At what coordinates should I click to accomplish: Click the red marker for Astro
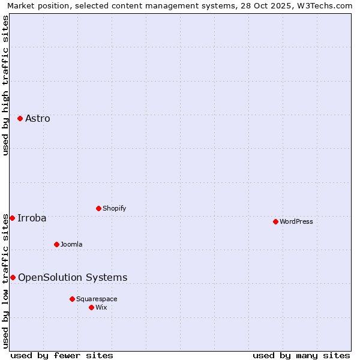pos(20,118)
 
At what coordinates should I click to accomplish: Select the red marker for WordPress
pos(275,221)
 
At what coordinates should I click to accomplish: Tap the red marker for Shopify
pos(98,208)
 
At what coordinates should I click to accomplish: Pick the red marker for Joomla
pos(56,244)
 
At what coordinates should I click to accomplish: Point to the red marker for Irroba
pos(12,218)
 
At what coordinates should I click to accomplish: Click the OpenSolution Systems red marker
pos(13,277)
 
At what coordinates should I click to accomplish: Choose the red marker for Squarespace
pos(72,299)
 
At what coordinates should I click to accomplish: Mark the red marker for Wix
pos(91,307)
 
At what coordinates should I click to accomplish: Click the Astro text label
pos(38,118)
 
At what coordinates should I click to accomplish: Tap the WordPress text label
pos(296,221)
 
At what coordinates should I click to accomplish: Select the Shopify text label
pos(115,208)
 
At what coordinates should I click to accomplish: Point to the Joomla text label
pos(71,244)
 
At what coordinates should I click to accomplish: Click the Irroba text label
pos(32,218)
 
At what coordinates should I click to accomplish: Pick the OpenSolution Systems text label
pos(73,277)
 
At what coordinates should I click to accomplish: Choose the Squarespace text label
pos(97,299)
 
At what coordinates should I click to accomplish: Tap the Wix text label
pos(101,307)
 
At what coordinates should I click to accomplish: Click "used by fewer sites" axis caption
pos(62,355)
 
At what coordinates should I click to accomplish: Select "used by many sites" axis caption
pos(301,355)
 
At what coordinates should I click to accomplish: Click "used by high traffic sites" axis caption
pos(5,85)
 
